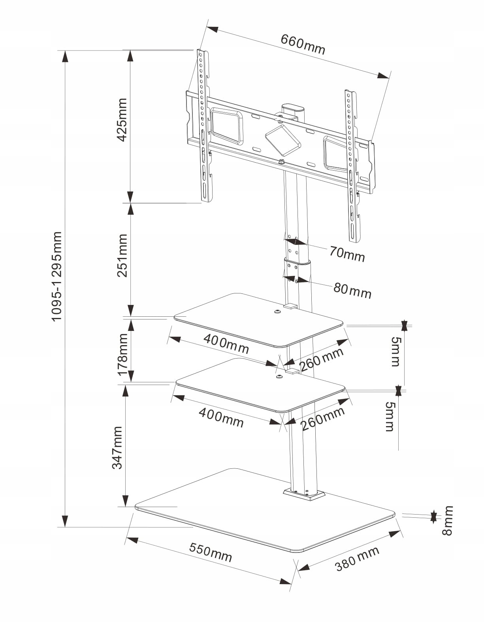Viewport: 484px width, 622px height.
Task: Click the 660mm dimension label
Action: [303, 44]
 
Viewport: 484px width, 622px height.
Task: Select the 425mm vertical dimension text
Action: [122, 120]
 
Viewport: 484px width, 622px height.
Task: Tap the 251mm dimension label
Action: [122, 256]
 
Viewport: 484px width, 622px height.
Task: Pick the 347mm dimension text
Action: [117, 447]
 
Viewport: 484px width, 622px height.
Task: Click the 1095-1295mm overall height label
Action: [56, 276]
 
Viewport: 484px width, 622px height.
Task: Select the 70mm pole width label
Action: [347, 254]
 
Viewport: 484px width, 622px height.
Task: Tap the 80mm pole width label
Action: [352, 290]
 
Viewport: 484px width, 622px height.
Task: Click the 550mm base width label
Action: [210, 552]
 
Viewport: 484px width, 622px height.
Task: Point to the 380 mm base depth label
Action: [357, 558]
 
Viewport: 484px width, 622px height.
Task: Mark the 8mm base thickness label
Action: [447, 521]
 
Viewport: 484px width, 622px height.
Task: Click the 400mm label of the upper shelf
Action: [226, 344]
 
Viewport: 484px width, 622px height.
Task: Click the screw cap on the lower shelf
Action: [279, 377]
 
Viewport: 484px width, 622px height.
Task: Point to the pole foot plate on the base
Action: [304, 494]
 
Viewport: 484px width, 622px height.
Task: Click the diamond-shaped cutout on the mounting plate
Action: [283, 139]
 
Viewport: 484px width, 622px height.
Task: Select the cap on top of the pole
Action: [292, 107]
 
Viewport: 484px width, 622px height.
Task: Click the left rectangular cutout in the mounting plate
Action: [226, 125]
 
